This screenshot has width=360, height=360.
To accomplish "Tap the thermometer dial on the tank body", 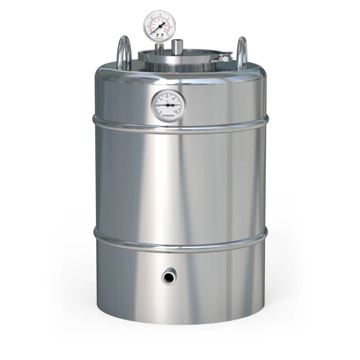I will pos(168,104).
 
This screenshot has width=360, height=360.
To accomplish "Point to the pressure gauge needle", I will pos(161,23).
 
